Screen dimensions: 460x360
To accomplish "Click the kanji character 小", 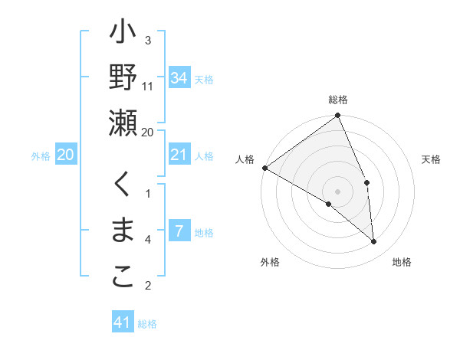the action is tap(123, 35).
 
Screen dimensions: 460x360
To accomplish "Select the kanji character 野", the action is tap(123, 78).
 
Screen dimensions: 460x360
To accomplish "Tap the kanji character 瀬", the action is tap(123, 123).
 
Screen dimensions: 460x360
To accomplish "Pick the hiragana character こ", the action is tap(123, 278).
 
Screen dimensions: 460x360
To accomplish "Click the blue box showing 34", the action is tap(179, 78).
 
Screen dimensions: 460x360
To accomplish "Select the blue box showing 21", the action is tap(179, 155).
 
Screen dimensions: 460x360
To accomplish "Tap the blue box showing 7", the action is tap(179, 232).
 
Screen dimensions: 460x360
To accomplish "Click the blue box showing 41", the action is tap(123, 322).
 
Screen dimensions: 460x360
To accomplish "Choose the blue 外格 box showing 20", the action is tap(66, 155).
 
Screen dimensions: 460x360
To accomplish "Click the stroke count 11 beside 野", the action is tap(148, 86).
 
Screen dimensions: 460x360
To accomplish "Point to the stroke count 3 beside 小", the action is tap(148, 40).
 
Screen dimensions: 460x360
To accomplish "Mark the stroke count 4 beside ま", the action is tap(148, 240).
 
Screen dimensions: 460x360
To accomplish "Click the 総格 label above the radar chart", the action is tap(338, 100).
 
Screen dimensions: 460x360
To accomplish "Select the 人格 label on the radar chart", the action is tap(245, 159).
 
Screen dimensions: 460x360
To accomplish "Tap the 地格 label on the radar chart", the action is tap(402, 262).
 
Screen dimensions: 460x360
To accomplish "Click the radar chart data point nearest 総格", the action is tap(337, 116).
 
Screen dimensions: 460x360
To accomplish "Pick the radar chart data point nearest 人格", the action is tap(264, 168).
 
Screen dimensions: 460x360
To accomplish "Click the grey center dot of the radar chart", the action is tap(337, 191).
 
